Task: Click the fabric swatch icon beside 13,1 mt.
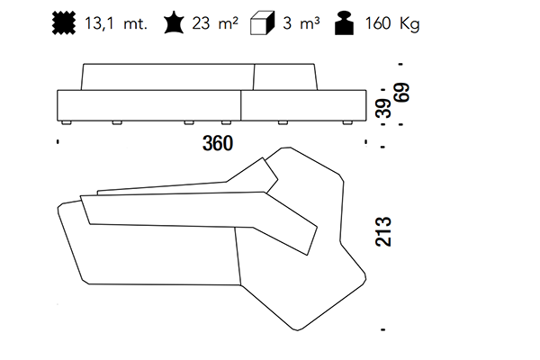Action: (x=64, y=23)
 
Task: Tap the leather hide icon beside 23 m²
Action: (x=174, y=22)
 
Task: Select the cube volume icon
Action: (x=262, y=23)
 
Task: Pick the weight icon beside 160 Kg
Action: (x=345, y=23)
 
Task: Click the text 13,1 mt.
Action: (x=116, y=23)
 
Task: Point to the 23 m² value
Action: (x=215, y=23)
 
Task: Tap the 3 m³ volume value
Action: (x=301, y=23)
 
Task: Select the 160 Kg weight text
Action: (x=392, y=24)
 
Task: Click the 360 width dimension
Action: (x=218, y=143)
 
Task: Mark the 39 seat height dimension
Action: (x=383, y=109)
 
